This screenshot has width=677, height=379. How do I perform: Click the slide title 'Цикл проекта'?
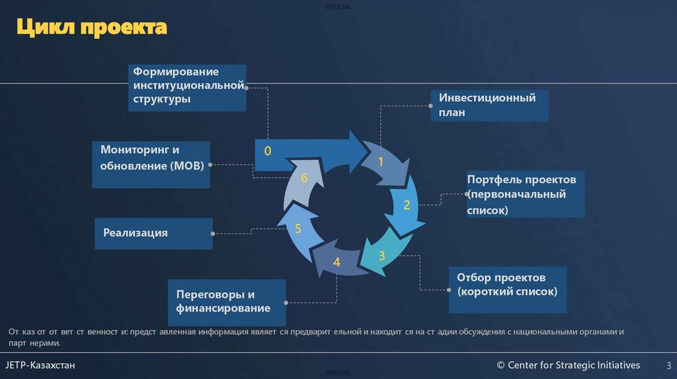tap(91, 28)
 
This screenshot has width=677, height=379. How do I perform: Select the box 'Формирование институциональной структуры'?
tap(187, 87)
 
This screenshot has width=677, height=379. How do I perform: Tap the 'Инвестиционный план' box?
tap(489, 106)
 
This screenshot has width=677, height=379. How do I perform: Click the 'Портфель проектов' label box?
tap(525, 195)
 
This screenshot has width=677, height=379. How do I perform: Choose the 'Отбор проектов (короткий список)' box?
tap(507, 290)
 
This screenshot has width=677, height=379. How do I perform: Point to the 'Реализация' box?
tap(153, 233)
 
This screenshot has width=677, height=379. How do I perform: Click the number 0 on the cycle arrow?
tap(268, 151)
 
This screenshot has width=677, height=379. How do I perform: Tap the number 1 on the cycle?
tap(381, 160)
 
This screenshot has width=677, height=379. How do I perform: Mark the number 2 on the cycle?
tap(407, 205)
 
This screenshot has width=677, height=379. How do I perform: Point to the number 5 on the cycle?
tap(298, 229)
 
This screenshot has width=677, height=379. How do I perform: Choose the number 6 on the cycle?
tap(304, 178)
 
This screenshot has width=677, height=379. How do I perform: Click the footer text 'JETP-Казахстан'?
tap(40, 365)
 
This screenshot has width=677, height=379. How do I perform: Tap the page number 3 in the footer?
tap(668, 366)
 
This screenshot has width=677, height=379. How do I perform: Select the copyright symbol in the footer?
tap(500, 366)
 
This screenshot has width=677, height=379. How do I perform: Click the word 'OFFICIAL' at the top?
tap(338, 7)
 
